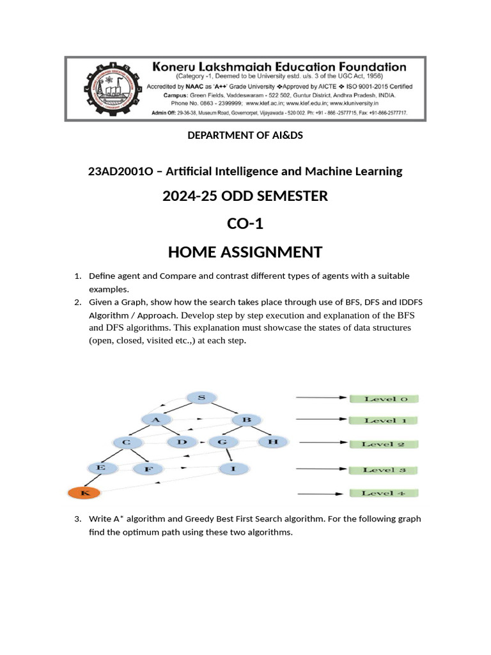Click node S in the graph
(202, 398)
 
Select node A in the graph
(155, 420)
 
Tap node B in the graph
(245, 420)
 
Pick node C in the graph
(127, 442)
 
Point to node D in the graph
(182, 442)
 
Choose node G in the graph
(222, 442)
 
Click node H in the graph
(274, 442)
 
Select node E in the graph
(100, 468)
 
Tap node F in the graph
(148, 470)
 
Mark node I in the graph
(233, 469)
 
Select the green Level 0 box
(384, 399)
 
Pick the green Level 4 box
(384, 493)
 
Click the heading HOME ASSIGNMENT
(245, 252)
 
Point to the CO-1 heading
(245, 224)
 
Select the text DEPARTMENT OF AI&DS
(245, 136)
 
